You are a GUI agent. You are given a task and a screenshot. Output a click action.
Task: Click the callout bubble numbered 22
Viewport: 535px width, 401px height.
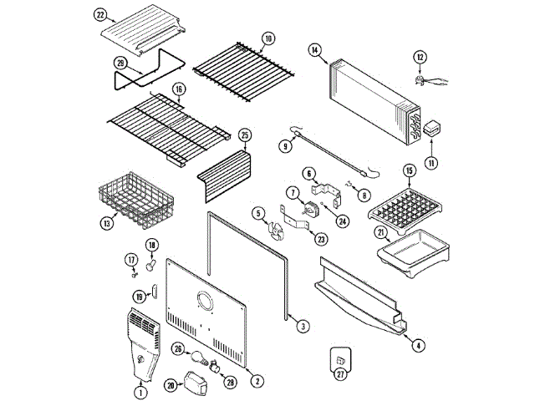[101, 14]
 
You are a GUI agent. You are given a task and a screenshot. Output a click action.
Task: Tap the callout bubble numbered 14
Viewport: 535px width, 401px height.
[314, 50]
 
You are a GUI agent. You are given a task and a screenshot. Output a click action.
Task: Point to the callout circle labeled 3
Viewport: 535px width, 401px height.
[303, 326]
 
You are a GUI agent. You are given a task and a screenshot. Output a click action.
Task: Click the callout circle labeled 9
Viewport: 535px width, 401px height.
[285, 146]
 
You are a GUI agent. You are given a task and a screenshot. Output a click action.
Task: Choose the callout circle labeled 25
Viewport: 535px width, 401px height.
[245, 134]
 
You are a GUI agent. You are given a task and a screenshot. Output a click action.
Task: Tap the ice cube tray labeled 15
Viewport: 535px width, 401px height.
[405, 203]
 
